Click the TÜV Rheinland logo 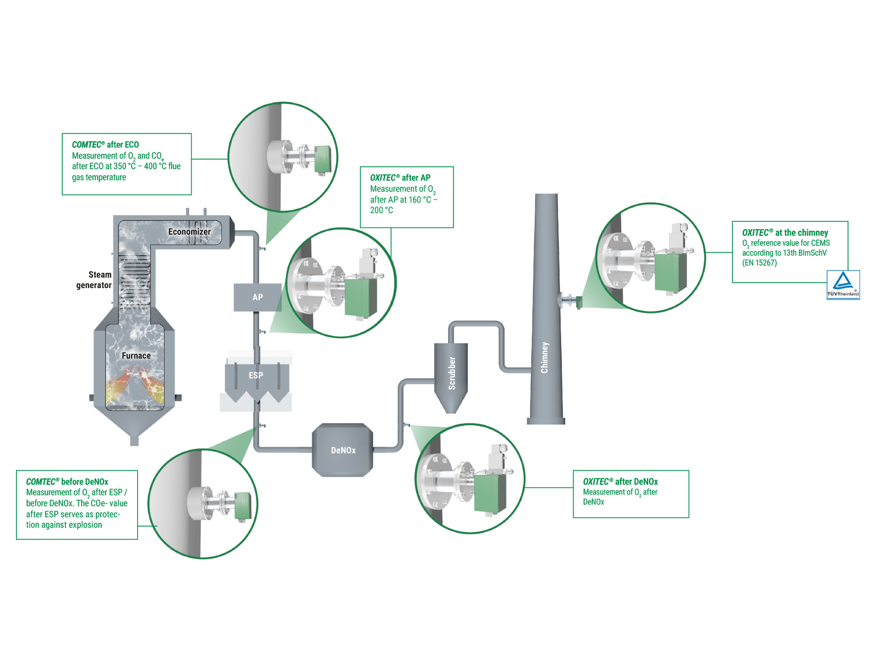(x=843, y=285)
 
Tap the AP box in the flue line (x=257, y=297)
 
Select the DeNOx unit (x=342, y=450)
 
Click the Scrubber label (x=452, y=373)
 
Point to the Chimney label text (x=545, y=357)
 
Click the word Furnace (x=136, y=356)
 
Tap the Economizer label (x=189, y=232)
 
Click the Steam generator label (x=94, y=280)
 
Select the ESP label (x=256, y=376)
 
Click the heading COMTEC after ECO (x=105, y=145)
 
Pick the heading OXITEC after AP (x=400, y=178)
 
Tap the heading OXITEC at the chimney (x=785, y=233)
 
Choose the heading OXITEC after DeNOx (x=620, y=482)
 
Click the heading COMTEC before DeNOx (x=67, y=482)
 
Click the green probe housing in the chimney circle (x=670, y=273)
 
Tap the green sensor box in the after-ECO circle (x=322, y=159)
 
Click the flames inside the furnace (x=135, y=386)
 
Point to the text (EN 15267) (x=759, y=263)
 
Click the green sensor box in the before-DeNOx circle (x=242, y=505)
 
